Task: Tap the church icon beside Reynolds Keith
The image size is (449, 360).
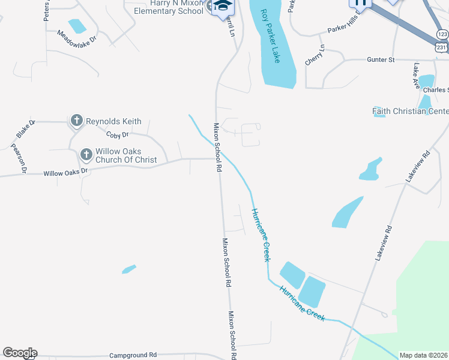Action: pyautogui.click(x=76, y=121)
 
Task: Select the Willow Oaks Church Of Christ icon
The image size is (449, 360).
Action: pyautogui.click(x=86, y=155)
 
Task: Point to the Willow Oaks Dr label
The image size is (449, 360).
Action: pyautogui.click(x=65, y=173)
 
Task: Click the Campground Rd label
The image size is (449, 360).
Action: pyautogui.click(x=132, y=355)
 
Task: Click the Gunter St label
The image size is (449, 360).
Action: pyautogui.click(x=380, y=59)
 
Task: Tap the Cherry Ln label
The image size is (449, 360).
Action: pyautogui.click(x=316, y=55)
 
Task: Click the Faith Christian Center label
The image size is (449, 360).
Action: pyautogui.click(x=410, y=111)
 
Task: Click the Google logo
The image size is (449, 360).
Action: pyautogui.click(x=20, y=353)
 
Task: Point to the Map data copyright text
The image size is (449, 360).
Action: pyautogui.click(x=423, y=355)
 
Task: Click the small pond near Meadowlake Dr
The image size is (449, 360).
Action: pyautogui.click(x=77, y=26)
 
